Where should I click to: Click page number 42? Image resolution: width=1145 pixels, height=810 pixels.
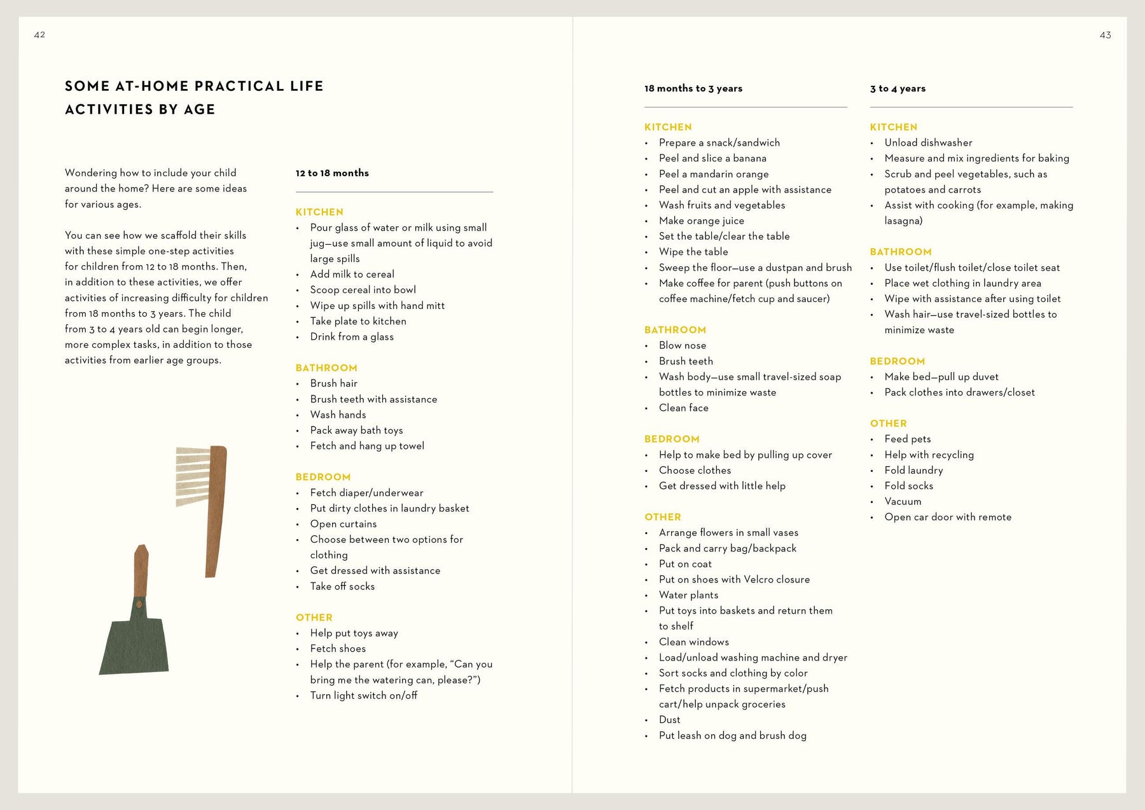coord(39,35)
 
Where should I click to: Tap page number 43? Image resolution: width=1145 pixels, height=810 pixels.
coord(1105,35)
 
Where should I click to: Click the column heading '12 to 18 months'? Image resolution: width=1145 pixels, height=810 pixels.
coord(332,173)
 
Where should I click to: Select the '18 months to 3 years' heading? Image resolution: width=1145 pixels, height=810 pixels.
coord(693,88)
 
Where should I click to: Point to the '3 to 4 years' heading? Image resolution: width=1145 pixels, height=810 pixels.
coord(898,88)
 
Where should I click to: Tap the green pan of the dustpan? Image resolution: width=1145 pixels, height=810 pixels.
coord(134,642)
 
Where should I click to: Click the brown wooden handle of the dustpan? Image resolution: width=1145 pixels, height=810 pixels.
coord(141,570)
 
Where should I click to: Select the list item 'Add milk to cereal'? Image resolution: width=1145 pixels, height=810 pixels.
coord(352,274)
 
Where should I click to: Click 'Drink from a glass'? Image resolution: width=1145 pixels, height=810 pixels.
coord(352,337)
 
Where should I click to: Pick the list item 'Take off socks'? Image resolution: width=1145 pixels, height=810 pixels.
coord(342,586)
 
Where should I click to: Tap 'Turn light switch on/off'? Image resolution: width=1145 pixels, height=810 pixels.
coord(363,696)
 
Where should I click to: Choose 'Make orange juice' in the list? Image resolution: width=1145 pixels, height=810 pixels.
coord(701,221)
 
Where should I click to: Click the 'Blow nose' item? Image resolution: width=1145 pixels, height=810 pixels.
coord(682,345)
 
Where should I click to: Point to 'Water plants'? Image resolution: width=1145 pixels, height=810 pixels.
coord(688,595)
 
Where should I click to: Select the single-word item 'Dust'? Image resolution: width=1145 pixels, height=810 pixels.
coord(669,720)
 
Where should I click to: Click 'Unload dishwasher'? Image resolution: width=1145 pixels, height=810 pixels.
coord(928,142)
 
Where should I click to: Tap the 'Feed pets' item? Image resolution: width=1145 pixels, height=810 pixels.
coord(907,439)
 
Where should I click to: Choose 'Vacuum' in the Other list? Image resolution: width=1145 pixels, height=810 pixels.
coord(903,501)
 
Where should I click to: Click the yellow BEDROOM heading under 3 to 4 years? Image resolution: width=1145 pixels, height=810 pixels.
coord(897,361)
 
